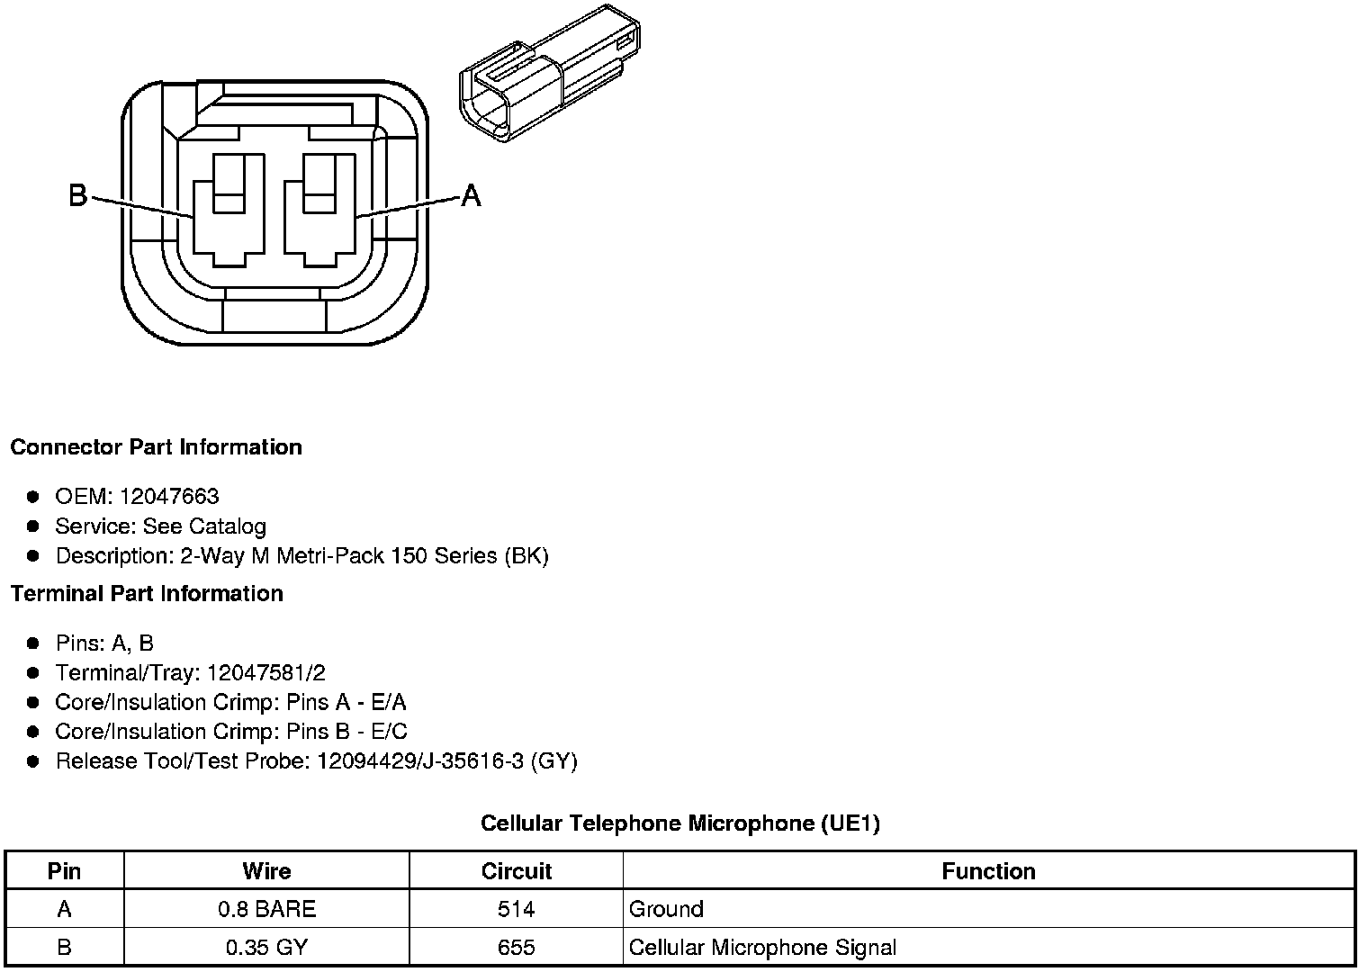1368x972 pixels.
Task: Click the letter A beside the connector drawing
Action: click(471, 194)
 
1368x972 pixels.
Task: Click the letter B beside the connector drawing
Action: click(78, 194)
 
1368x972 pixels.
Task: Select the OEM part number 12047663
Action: click(169, 497)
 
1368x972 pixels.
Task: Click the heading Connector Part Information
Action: click(156, 447)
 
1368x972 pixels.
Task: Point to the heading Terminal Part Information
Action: click(147, 594)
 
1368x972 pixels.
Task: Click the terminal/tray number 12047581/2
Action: click(265, 673)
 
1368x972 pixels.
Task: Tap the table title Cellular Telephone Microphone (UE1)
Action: click(679, 823)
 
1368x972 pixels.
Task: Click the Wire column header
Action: click(266, 871)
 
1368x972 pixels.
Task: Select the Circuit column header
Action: click(516, 871)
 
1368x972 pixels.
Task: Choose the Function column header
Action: click(988, 871)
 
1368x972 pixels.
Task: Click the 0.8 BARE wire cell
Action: click(266, 910)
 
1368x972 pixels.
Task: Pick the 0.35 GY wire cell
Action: click(266, 948)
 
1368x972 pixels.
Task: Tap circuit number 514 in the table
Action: click(516, 910)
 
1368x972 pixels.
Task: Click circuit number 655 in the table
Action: click(516, 948)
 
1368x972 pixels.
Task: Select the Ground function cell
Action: click(666, 910)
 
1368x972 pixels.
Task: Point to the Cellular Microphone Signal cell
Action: click(762, 948)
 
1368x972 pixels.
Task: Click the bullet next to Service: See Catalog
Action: click(33, 526)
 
